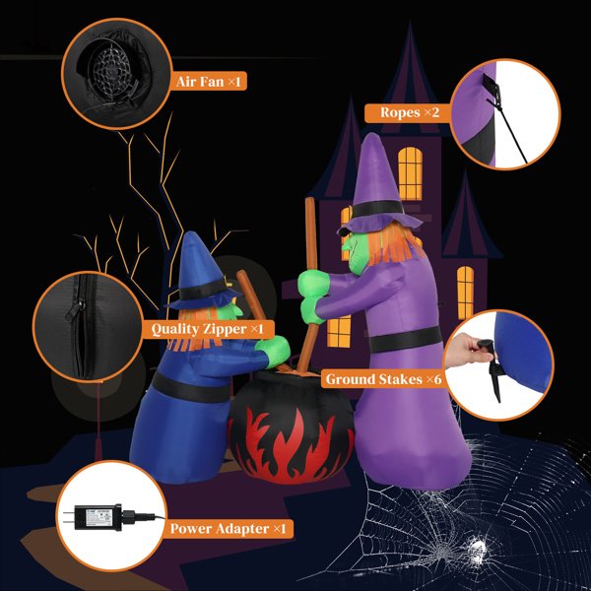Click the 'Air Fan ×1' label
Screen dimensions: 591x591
click(208, 81)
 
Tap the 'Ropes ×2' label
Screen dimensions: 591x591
click(410, 112)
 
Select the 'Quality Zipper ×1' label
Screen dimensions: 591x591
click(207, 329)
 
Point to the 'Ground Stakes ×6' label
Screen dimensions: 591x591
click(383, 379)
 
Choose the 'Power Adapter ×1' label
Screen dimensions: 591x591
click(229, 528)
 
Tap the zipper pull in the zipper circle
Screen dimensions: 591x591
click(75, 310)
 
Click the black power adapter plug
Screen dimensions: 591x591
click(98, 517)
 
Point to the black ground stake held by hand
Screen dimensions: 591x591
click(492, 369)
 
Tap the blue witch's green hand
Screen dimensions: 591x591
click(273, 352)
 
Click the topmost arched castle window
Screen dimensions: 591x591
click(410, 173)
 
